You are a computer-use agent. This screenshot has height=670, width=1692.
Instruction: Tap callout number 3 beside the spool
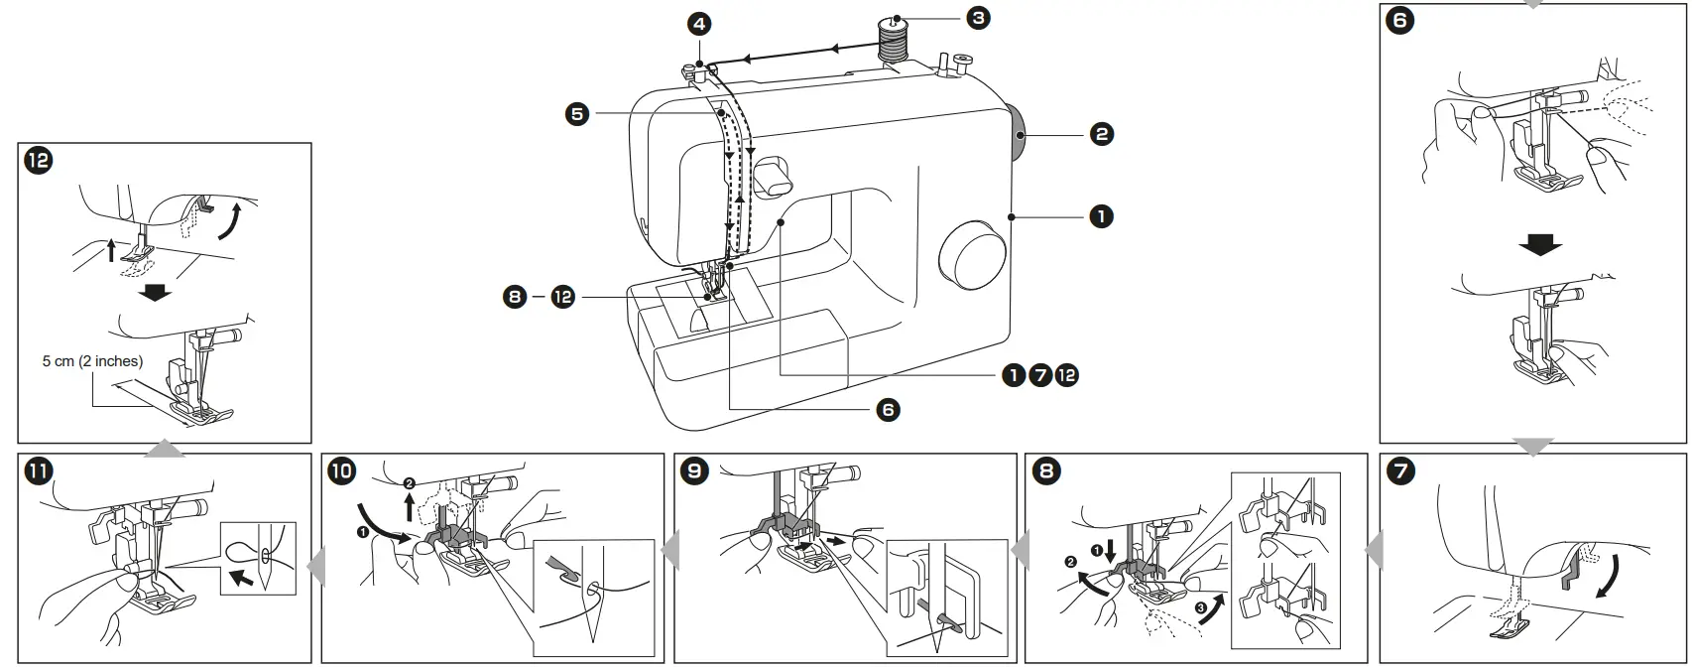coord(978,17)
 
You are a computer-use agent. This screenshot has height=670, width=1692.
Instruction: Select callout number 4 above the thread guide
coord(700,24)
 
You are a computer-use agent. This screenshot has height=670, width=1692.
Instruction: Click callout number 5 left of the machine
coord(576,114)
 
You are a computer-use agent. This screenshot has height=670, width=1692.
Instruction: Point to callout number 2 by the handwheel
coord(1101,133)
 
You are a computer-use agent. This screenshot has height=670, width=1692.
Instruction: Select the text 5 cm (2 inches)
coord(92,361)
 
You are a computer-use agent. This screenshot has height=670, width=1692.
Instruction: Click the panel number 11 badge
coord(38,471)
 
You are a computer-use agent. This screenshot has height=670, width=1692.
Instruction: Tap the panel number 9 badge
coord(694,470)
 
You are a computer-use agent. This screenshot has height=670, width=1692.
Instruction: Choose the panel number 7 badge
coord(1399,470)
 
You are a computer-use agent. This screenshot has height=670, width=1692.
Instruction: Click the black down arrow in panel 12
coord(156,293)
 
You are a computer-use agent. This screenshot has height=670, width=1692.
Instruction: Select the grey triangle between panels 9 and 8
coord(1017,549)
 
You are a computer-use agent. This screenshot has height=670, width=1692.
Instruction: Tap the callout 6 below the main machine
coord(888,409)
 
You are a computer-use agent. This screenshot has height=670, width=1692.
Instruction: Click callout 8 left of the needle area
coord(515,297)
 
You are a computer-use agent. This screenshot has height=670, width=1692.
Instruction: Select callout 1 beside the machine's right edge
coord(1101,215)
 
